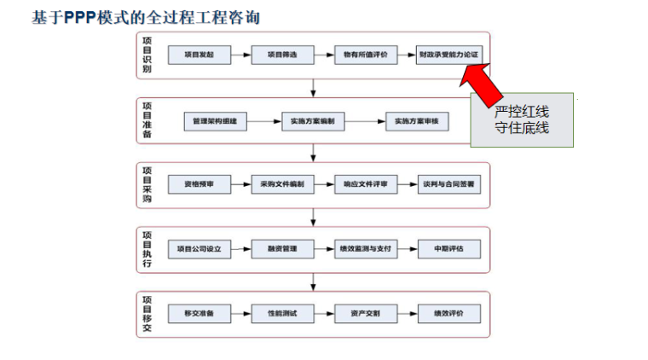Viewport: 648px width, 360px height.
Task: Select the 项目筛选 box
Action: [x=281, y=55]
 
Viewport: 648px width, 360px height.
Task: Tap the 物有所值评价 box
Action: [x=365, y=55]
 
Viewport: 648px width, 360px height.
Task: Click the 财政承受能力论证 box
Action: [x=448, y=55]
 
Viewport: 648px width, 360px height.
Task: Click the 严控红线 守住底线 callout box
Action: [x=521, y=119]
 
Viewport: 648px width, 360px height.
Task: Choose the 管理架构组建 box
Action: [x=215, y=122]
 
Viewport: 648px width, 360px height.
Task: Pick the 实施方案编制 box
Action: [x=317, y=122]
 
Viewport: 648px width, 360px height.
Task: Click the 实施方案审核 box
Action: [x=417, y=122]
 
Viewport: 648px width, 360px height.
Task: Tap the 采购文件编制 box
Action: [x=281, y=183]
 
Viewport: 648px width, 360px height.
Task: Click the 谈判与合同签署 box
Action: [x=448, y=183]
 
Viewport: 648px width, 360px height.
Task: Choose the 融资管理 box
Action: [x=281, y=248]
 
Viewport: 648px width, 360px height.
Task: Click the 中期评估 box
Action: [x=448, y=248]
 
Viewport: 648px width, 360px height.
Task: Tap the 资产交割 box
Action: [x=365, y=313]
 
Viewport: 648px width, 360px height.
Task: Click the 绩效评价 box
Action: [x=448, y=313]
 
